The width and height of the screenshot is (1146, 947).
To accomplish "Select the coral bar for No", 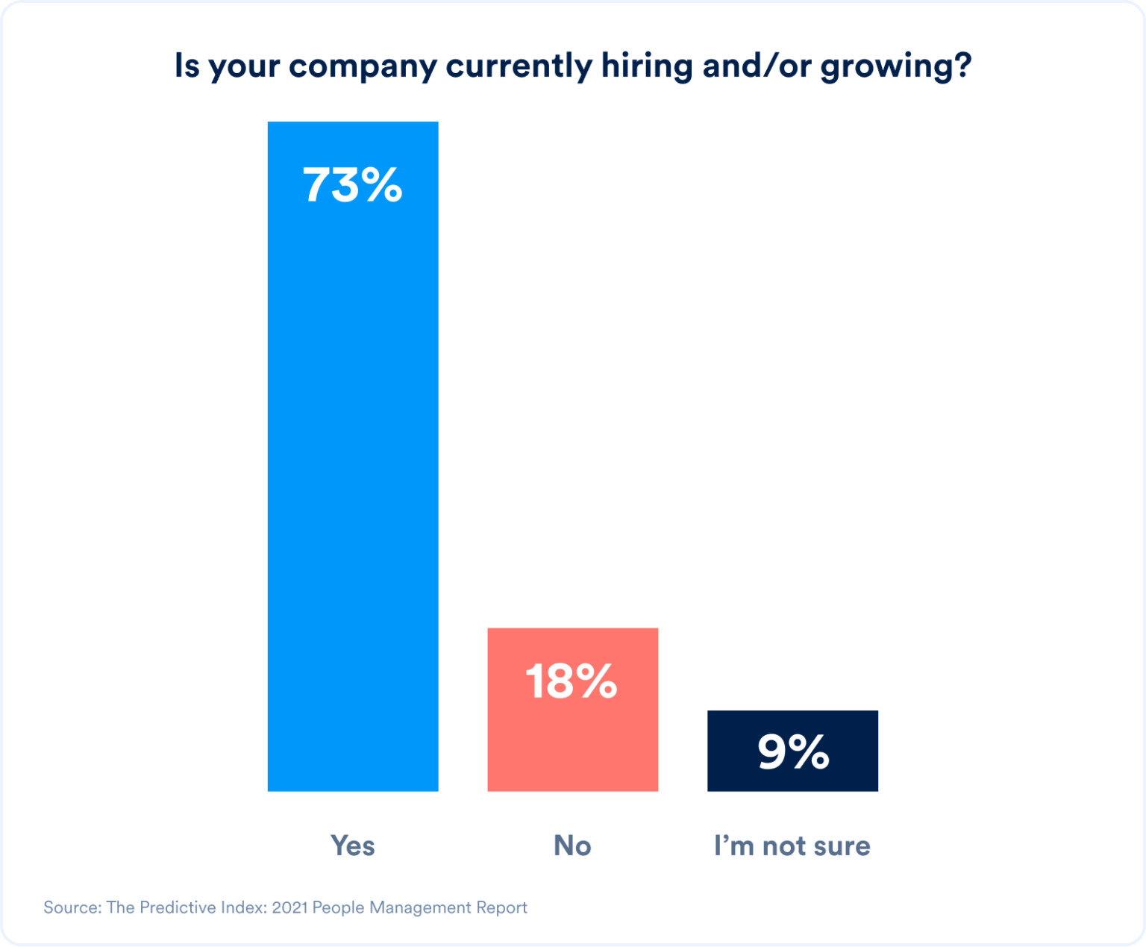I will pos(573,739).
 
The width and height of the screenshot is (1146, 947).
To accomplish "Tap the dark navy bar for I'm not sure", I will pos(792,776).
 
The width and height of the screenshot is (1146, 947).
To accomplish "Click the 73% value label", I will pos(353,185).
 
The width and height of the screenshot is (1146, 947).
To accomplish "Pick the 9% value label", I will pos(793,751).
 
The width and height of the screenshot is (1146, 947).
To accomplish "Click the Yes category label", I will pos(353,846).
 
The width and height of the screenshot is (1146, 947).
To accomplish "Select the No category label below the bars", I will pos(572,846).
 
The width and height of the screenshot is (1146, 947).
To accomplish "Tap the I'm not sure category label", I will pos(792,846).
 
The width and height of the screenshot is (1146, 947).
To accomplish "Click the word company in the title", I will pos(363,67).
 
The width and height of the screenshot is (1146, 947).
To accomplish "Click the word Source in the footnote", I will pos(71,907).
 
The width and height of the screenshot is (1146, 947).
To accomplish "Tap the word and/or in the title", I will pos(757,66).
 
